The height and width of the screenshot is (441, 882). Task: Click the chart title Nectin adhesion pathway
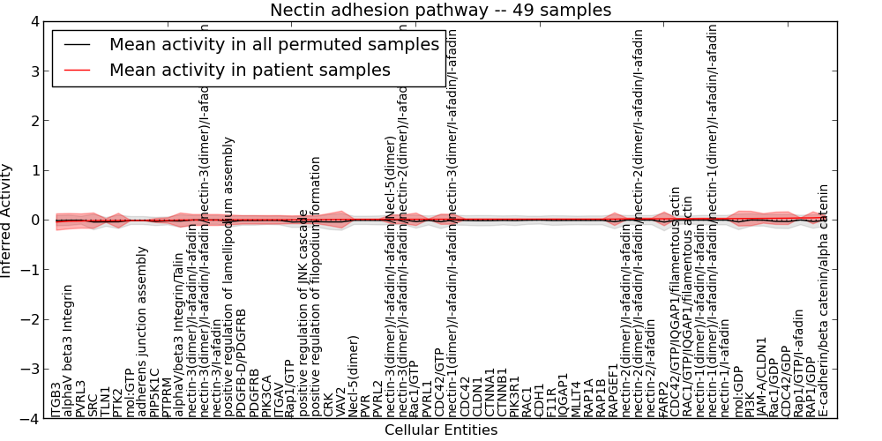click(x=440, y=10)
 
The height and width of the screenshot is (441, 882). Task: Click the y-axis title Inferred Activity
click(x=7, y=220)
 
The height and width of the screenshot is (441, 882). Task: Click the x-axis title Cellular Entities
click(x=440, y=430)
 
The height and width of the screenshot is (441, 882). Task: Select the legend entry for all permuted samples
click(x=273, y=45)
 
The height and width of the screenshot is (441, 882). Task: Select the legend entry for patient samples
click(x=250, y=70)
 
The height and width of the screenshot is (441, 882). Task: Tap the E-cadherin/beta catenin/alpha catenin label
click(x=824, y=300)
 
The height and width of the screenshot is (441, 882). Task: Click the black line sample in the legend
click(x=78, y=45)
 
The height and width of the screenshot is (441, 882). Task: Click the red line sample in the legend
click(x=78, y=70)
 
